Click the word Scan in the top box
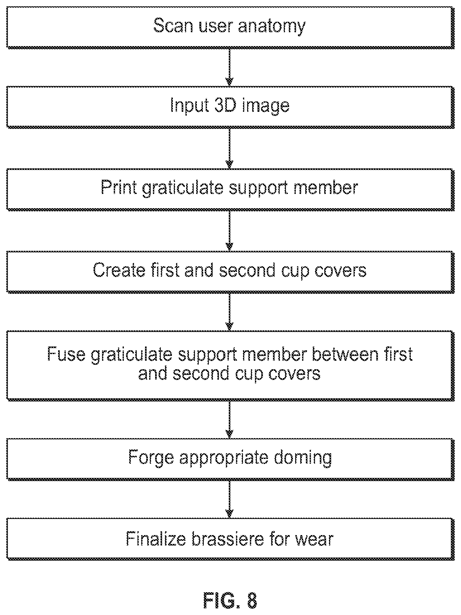(173, 26)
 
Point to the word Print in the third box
(119, 187)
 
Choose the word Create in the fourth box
(119, 270)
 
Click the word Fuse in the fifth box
(66, 354)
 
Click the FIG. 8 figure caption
(230, 600)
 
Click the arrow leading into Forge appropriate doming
(230, 419)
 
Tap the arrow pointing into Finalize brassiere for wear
(230, 499)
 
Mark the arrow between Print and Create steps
(230, 231)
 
